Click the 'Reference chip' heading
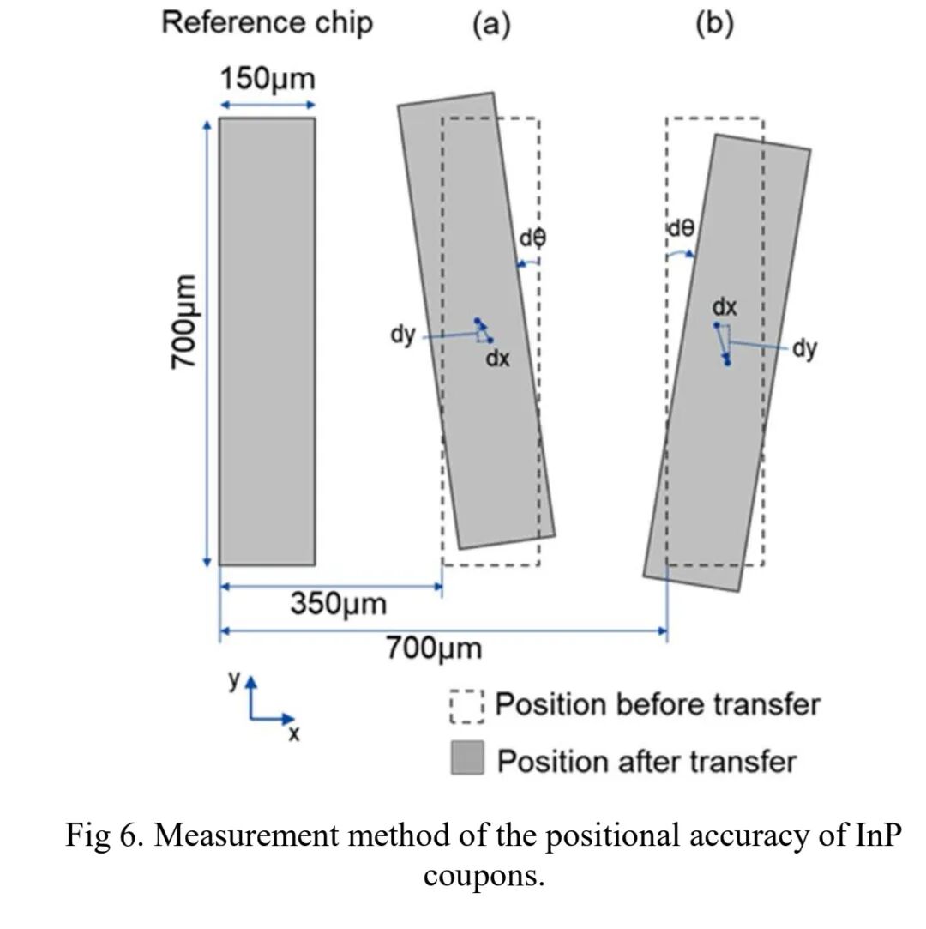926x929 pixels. click(x=267, y=22)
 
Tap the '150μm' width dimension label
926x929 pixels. click(x=268, y=80)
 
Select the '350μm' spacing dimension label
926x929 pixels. click(x=338, y=604)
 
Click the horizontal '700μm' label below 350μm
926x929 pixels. click(x=433, y=648)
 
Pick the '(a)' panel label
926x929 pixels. click(x=491, y=24)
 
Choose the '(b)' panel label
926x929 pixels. click(x=714, y=24)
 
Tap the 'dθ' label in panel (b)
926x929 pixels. click(x=681, y=228)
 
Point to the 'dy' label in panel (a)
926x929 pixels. click(x=403, y=335)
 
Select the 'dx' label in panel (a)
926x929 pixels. click(x=497, y=359)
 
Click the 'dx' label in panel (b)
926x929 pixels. click(x=725, y=306)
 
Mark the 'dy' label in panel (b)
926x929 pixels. click(x=804, y=348)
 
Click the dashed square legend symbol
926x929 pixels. click(x=467, y=706)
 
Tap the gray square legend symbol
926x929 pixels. click(x=467, y=759)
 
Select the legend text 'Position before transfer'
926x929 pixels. click(x=658, y=705)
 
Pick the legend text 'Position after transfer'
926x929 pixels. click(x=646, y=761)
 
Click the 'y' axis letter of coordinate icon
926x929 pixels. click(x=233, y=679)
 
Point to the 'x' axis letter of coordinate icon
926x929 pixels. click(x=293, y=734)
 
